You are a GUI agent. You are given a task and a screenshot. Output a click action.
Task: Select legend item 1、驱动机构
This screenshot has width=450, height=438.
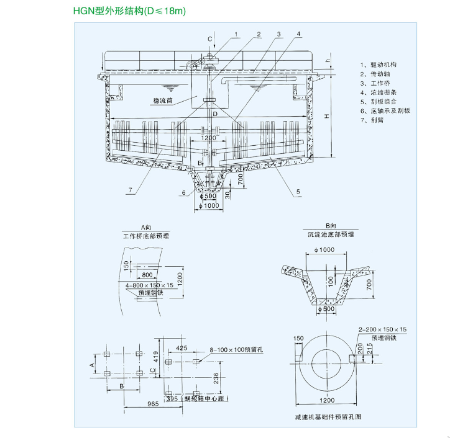click(380, 65)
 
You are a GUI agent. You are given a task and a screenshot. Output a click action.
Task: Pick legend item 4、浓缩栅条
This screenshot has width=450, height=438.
click(380, 92)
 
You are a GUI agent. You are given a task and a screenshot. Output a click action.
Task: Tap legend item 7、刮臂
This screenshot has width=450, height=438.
click(374, 120)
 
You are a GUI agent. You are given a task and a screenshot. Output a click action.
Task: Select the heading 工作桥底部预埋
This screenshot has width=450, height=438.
click(146, 236)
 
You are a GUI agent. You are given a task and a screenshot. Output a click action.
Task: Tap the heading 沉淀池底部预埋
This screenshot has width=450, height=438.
click(330, 236)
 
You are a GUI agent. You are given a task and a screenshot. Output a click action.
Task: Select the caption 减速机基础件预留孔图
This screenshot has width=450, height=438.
click(328, 416)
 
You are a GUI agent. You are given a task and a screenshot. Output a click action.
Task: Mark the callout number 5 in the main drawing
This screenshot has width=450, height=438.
click(298, 192)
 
